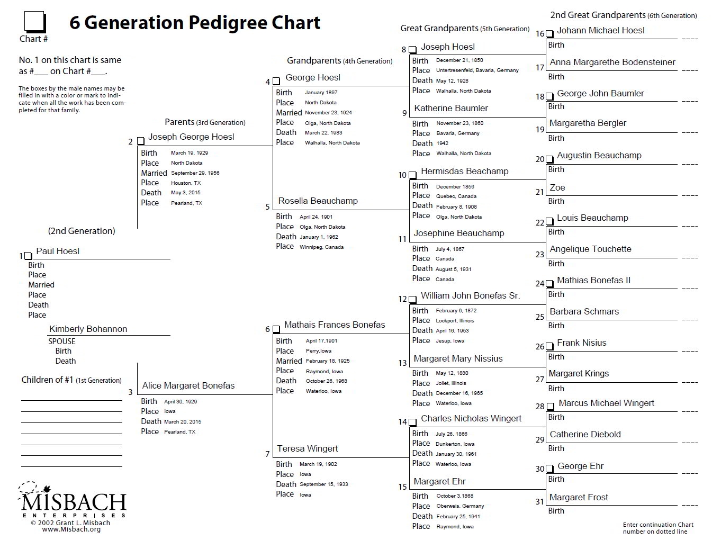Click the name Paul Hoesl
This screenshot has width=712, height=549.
pyautogui.click(x=58, y=251)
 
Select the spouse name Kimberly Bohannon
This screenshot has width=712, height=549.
pyautogui.click(x=88, y=329)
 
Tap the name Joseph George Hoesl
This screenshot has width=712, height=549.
pyautogui.click(x=191, y=137)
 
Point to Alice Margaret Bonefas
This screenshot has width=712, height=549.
pyautogui.click(x=188, y=385)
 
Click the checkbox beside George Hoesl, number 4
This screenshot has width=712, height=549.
pyautogui.click(x=276, y=82)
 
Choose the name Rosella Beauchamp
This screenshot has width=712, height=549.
pyautogui.click(x=318, y=201)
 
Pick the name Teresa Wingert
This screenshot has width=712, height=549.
pyautogui.click(x=307, y=448)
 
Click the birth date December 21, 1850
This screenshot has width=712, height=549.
pyautogui.click(x=459, y=60)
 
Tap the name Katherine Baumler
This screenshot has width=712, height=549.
pyautogui.click(x=451, y=108)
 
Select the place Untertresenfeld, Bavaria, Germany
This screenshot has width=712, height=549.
pyautogui.click(x=477, y=70)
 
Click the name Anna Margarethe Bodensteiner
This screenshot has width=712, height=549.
pyautogui.click(x=612, y=62)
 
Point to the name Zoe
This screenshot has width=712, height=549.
pyautogui.click(x=557, y=187)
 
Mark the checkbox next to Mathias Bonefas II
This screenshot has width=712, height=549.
pyautogui.click(x=549, y=284)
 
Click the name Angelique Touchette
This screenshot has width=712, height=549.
pyautogui.click(x=590, y=249)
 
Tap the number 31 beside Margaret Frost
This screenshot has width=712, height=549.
pyautogui.click(x=539, y=501)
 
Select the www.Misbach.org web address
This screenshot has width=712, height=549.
pyautogui.click(x=71, y=529)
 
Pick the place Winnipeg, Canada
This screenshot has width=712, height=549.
pyautogui.click(x=321, y=247)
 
